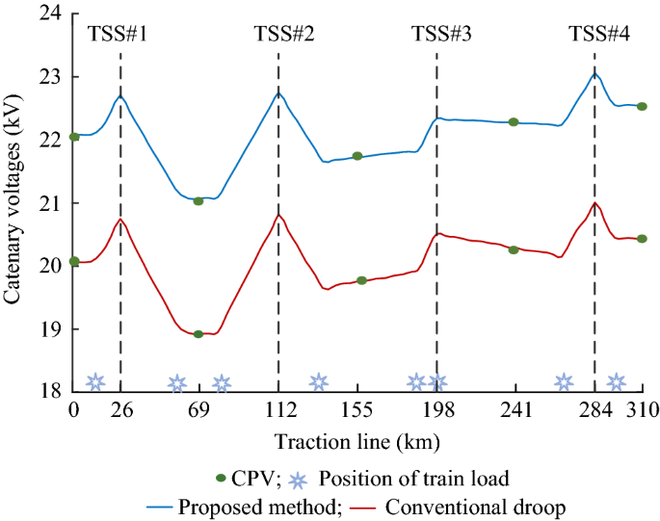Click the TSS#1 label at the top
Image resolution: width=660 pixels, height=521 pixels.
tap(120, 35)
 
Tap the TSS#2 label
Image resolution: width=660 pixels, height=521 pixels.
tap(278, 35)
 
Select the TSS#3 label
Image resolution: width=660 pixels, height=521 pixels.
tap(437, 35)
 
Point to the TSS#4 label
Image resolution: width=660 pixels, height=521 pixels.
tap(595, 35)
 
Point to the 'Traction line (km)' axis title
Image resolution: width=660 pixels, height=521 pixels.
tap(357, 442)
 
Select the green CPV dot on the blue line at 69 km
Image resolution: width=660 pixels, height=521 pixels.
tap(198, 201)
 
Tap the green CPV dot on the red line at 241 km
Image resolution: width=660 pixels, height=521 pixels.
tap(514, 249)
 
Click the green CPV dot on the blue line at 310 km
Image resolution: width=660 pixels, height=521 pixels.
tap(642, 107)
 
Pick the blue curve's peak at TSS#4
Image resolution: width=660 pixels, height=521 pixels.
tap(595, 74)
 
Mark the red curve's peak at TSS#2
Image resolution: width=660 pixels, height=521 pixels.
tap(278, 215)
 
